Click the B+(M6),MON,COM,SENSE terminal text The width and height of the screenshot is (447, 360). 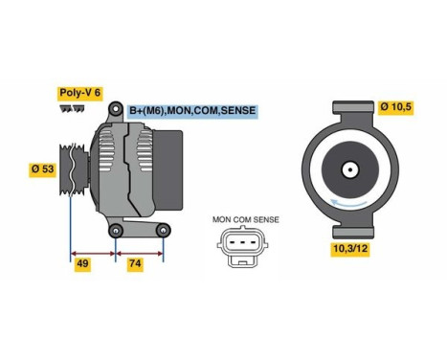click(193, 112)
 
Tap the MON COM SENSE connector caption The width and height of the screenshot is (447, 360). click(246, 219)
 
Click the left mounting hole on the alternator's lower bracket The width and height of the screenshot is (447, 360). click(115, 230)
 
